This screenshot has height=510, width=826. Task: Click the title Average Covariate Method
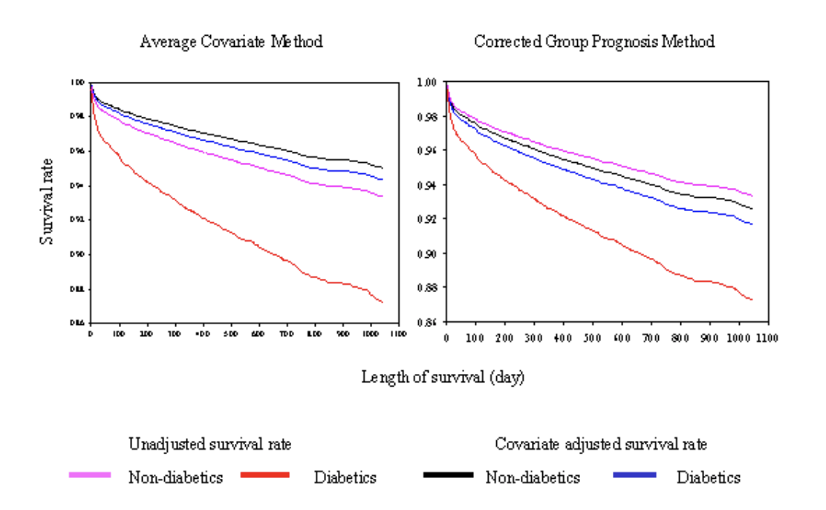tap(231, 42)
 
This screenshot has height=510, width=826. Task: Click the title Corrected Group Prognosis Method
tap(594, 42)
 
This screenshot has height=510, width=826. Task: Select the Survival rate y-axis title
tap(46, 201)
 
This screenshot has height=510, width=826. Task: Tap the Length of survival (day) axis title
tap(443, 377)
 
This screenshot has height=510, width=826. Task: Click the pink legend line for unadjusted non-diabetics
tap(90, 474)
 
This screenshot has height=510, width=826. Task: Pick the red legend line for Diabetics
tap(265, 474)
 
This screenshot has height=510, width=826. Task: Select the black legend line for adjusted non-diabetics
tap(448, 474)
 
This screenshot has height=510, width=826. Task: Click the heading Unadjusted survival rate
tap(210, 445)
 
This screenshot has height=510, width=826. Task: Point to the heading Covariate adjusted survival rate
tap(601, 445)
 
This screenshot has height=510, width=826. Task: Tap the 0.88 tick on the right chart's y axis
tap(429, 288)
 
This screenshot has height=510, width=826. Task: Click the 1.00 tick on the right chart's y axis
tap(429, 82)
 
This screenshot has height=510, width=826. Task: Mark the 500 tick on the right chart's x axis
tap(592, 338)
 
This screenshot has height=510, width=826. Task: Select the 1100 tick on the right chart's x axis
tap(767, 338)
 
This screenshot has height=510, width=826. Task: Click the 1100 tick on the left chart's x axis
tap(398, 335)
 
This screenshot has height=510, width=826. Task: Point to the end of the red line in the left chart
tap(383, 302)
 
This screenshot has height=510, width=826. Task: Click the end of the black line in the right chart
tap(752, 209)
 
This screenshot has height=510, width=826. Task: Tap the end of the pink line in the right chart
tap(752, 196)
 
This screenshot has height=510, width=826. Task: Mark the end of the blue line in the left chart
tap(383, 180)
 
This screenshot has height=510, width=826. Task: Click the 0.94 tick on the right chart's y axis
tap(429, 184)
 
